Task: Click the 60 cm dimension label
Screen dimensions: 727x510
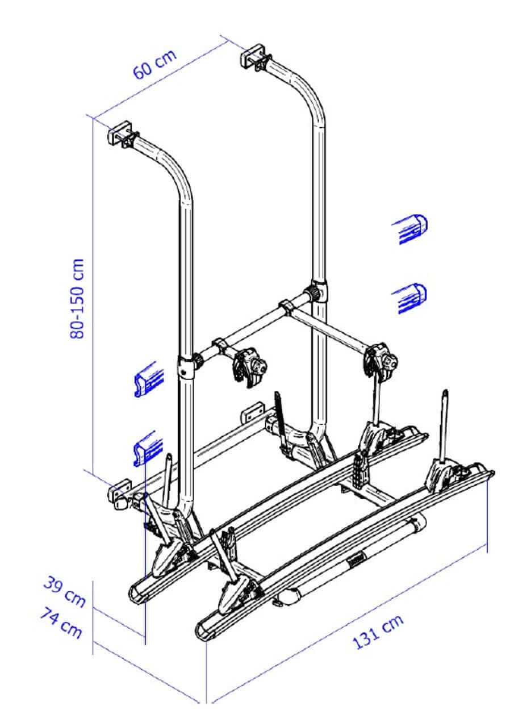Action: click(x=154, y=65)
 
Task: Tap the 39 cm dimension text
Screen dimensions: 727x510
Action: click(x=64, y=590)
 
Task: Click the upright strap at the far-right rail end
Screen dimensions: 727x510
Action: click(x=445, y=424)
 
